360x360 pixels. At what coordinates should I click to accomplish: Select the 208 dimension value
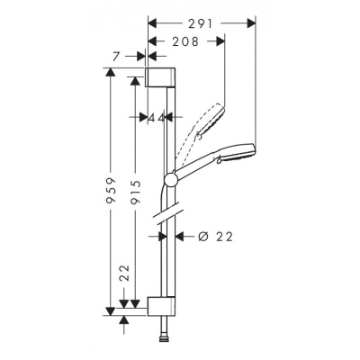[185, 41]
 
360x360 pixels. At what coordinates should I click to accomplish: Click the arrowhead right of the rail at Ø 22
[176, 236]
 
